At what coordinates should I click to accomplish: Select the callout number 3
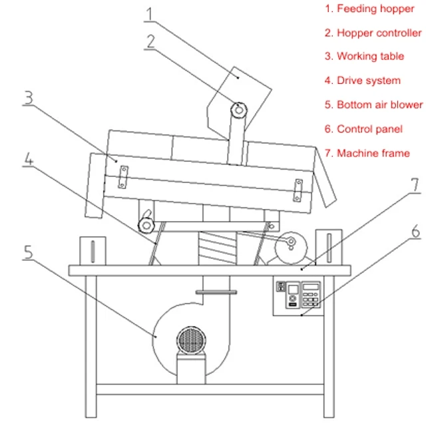(x=28, y=99)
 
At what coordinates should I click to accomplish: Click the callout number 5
(x=27, y=252)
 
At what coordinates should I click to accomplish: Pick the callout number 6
(x=414, y=232)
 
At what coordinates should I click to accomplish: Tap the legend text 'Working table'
(x=370, y=57)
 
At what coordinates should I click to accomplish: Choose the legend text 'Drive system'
(x=368, y=81)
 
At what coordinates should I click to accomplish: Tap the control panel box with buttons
(x=300, y=296)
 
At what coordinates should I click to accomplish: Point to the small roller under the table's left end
(x=146, y=225)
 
